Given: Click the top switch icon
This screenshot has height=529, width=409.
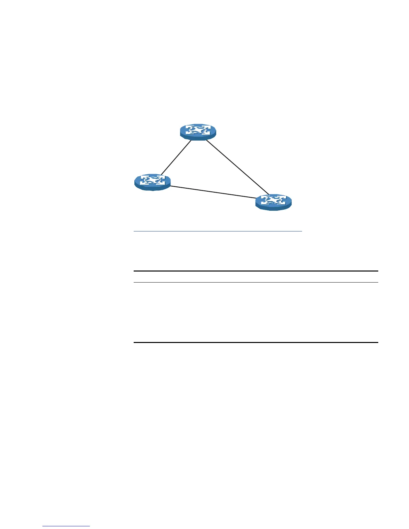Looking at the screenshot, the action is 198,131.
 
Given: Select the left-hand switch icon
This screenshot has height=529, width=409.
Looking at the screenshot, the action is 152,182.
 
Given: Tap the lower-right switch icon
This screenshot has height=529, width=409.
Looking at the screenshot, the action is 273,201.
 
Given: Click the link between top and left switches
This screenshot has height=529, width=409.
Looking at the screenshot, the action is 176,157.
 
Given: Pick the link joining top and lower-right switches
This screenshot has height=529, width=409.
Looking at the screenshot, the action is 237,167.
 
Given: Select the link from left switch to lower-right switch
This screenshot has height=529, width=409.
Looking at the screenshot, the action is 213,192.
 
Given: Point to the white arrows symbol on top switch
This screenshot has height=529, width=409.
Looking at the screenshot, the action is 198,130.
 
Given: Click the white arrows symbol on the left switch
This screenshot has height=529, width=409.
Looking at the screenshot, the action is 152,180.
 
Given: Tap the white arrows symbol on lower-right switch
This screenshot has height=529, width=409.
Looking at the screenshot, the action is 273,200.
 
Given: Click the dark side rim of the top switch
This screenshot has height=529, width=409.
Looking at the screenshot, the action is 198,138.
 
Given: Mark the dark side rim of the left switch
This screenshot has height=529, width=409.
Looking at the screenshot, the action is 152,188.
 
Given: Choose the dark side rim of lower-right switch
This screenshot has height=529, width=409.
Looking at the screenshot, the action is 273,208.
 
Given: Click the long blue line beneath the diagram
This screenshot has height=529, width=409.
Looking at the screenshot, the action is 218,230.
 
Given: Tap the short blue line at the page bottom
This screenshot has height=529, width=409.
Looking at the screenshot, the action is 66,526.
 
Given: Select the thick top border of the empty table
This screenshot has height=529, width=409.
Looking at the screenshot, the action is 256,271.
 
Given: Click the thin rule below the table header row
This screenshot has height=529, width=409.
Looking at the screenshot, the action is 256,283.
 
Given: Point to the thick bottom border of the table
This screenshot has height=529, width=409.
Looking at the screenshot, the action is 256,342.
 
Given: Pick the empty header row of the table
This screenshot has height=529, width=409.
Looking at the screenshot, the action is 256,277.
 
